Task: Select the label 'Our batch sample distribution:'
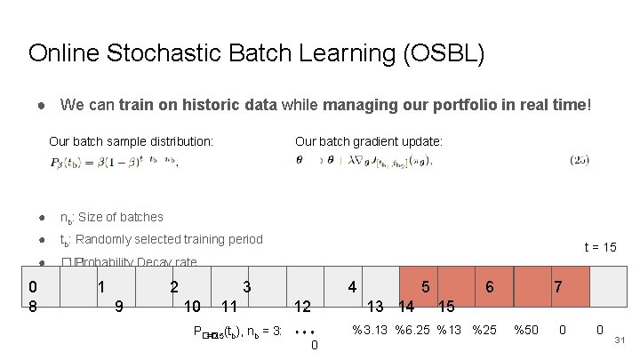click(131, 141)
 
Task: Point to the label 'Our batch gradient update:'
click(368, 141)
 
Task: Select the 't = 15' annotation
click(600, 247)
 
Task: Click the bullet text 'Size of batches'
click(119, 217)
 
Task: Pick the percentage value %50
click(527, 331)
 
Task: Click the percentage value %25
click(484, 331)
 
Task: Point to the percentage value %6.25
click(412, 331)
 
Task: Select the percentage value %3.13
click(370, 331)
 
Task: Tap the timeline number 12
click(302, 308)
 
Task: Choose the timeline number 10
click(191, 308)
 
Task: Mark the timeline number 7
click(557, 287)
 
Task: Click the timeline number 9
click(119, 308)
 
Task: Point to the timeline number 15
click(446, 308)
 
